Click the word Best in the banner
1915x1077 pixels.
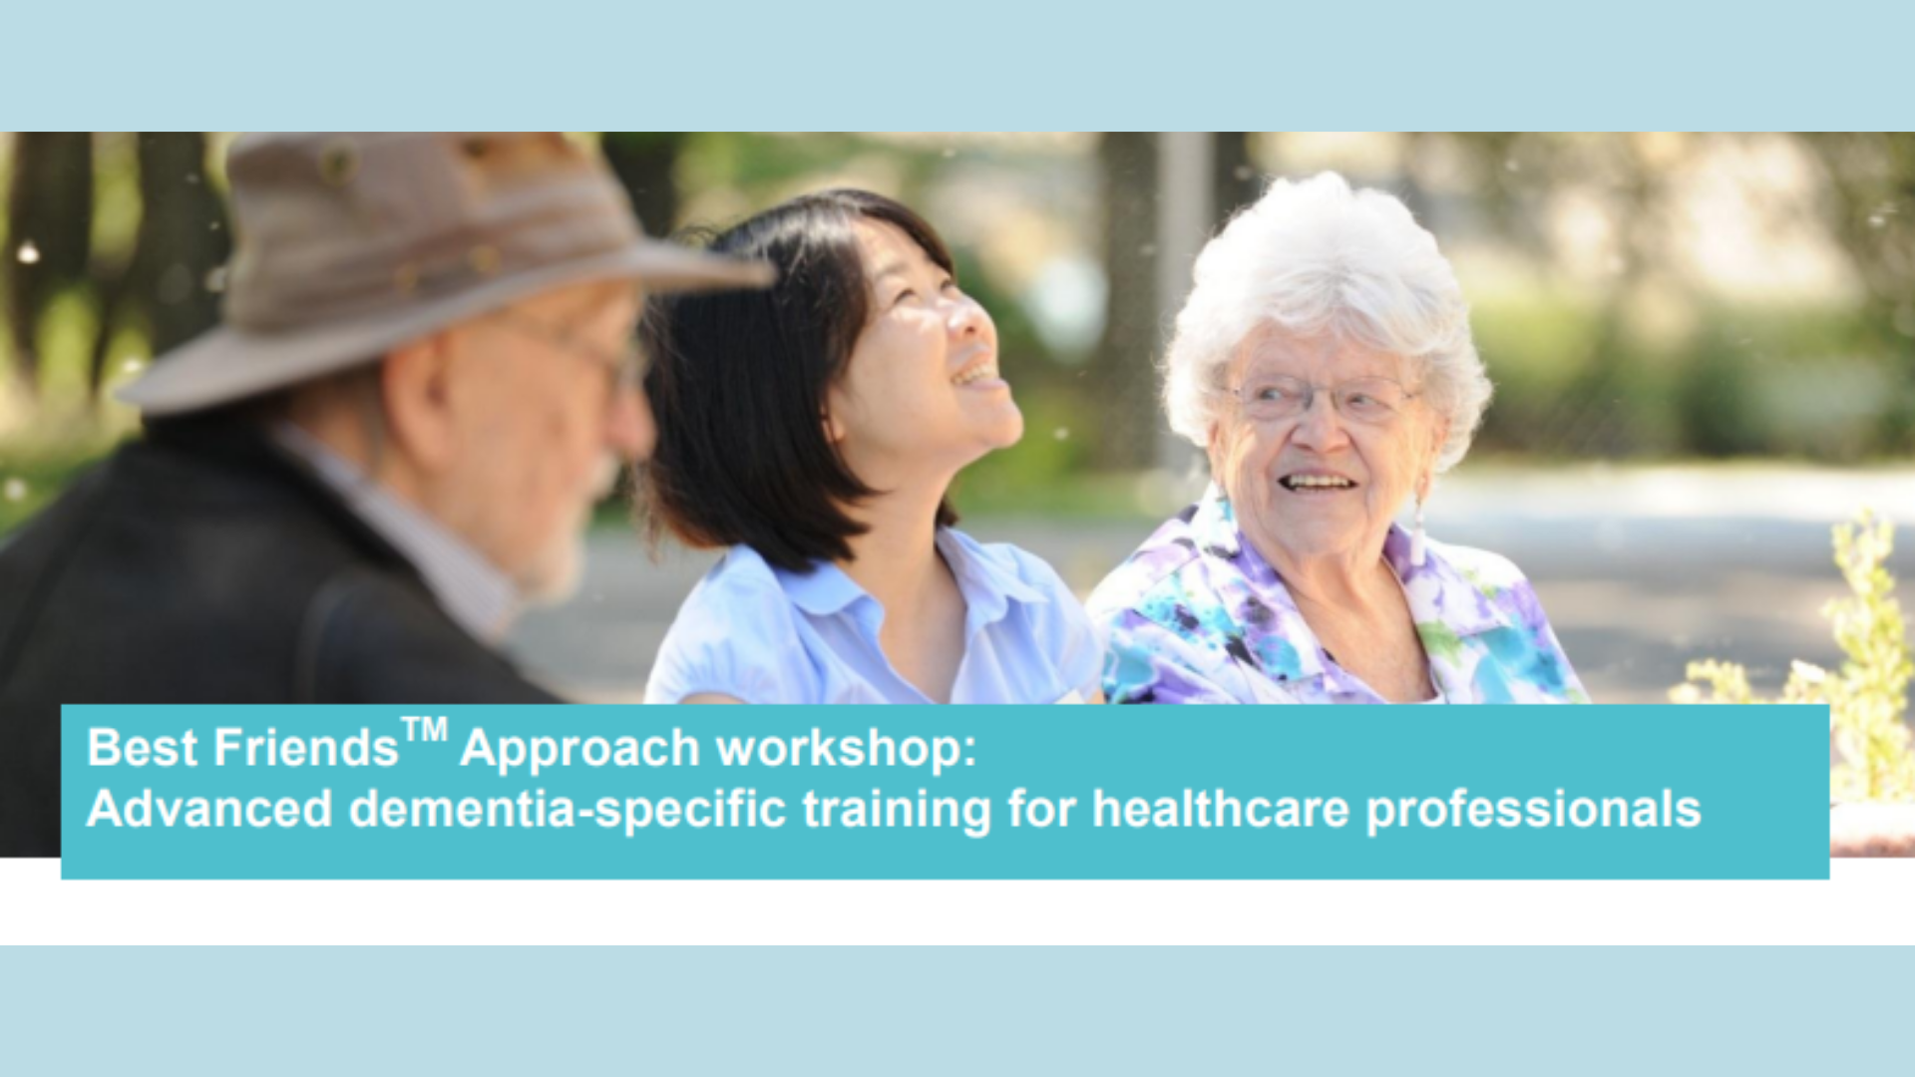(x=142, y=748)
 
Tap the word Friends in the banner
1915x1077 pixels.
(x=305, y=748)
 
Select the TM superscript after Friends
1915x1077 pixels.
(x=425, y=731)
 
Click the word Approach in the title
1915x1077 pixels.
(x=579, y=750)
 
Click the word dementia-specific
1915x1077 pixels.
(x=568, y=809)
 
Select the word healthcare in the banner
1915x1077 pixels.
(x=1221, y=809)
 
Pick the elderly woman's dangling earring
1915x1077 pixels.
(x=1417, y=519)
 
